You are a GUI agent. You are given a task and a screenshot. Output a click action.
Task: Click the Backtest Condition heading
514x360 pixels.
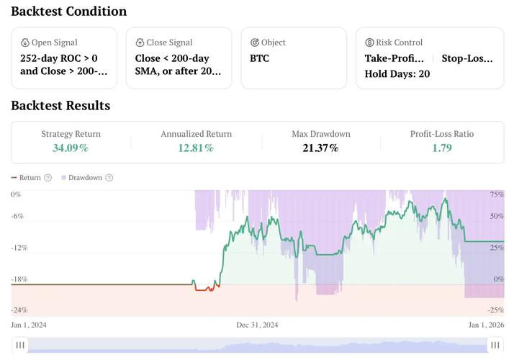(68, 12)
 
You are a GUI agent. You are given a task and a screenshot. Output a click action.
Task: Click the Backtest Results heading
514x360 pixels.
(60, 106)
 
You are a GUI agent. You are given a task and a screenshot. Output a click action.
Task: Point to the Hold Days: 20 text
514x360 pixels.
(397, 73)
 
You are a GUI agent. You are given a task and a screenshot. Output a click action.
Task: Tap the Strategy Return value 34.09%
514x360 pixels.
(71, 148)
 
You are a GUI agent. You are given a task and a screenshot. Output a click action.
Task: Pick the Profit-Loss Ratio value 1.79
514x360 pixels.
(441, 148)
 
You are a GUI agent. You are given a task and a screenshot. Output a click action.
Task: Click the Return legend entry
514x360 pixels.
(30, 178)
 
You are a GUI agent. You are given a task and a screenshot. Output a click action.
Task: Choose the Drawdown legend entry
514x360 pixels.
(85, 178)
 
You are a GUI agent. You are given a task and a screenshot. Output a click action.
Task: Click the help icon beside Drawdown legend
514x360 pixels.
(109, 178)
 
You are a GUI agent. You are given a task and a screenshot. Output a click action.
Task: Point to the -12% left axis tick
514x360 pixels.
(19, 248)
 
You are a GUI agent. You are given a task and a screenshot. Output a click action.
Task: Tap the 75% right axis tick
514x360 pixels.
(497, 195)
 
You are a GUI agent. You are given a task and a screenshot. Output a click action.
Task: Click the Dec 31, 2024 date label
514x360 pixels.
(257, 325)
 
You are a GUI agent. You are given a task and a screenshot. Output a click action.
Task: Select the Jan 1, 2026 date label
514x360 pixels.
(486, 325)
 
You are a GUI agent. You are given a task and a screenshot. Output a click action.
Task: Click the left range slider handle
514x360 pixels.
(20, 346)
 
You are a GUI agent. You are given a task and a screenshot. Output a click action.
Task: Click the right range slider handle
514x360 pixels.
(495, 346)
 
